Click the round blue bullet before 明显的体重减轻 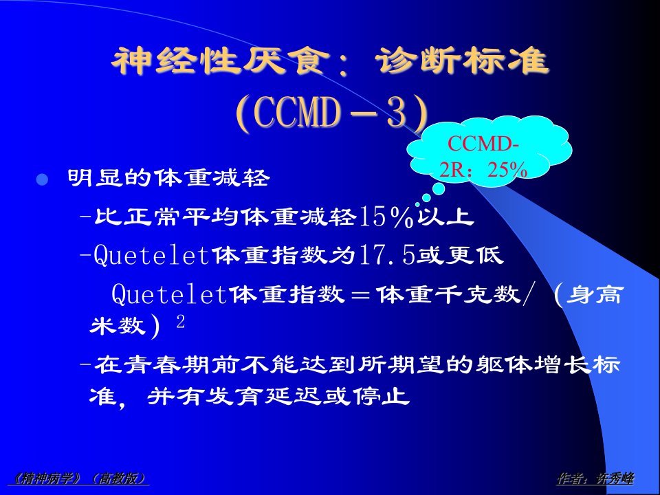[x=42, y=179]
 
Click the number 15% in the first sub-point [x=386, y=217]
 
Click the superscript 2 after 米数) [x=181, y=322]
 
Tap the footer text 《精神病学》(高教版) [x=78, y=478]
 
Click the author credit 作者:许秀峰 [x=595, y=478]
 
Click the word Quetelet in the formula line [x=170, y=294]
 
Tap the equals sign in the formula [x=361, y=294]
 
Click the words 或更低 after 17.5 [x=459, y=255]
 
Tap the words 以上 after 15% [x=447, y=217]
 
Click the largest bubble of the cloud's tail [x=439, y=188]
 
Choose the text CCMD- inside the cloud [x=483, y=144]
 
